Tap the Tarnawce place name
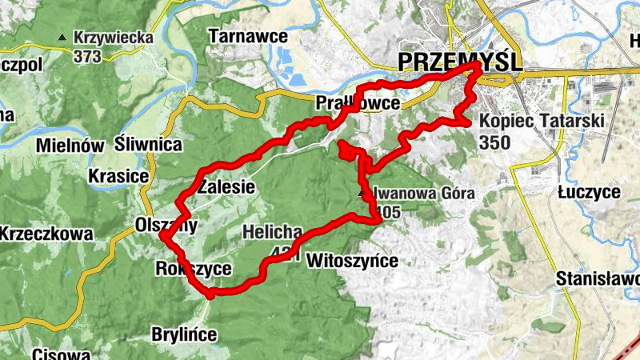[x=236, y=36]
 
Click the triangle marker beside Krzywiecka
[x=62, y=37]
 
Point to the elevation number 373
[x=87, y=56]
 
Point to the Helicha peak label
[x=272, y=233]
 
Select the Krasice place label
[x=118, y=176]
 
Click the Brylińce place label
[x=184, y=334]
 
